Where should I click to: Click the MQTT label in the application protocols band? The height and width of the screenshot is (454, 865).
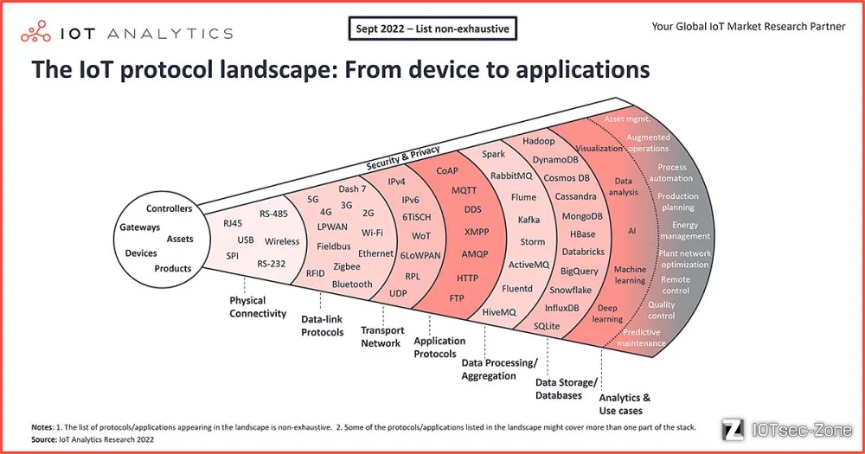click(464, 190)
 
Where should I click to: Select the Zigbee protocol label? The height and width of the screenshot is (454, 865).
click(347, 266)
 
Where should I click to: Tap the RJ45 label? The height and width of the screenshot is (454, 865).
click(233, 223)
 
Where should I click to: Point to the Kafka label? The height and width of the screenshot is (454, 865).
click(529, 220)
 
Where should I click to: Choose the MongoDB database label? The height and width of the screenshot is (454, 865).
click(582, 216)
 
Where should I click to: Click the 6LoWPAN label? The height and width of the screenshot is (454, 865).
click(420, 255)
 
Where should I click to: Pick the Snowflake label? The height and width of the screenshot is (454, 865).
click(570, 290)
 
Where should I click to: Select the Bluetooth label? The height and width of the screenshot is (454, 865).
click(352, 285)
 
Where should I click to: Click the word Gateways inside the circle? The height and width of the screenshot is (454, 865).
click(139, 227)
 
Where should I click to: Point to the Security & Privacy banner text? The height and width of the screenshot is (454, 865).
click(403, 157)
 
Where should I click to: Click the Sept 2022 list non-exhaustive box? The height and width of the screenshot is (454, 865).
click(432, 29)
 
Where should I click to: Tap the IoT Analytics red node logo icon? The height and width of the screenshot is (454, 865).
click(35, 32)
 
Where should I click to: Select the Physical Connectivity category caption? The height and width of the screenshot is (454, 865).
click(258, 307)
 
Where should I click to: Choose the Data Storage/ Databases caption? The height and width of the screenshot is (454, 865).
click(566, 389)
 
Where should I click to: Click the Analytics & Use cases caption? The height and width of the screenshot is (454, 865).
click(625, 404)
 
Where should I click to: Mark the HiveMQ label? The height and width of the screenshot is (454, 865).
click(499, 312)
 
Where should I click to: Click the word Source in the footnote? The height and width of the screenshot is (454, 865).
click(43, 439)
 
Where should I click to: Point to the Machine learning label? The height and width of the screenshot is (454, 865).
click(630, 275)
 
